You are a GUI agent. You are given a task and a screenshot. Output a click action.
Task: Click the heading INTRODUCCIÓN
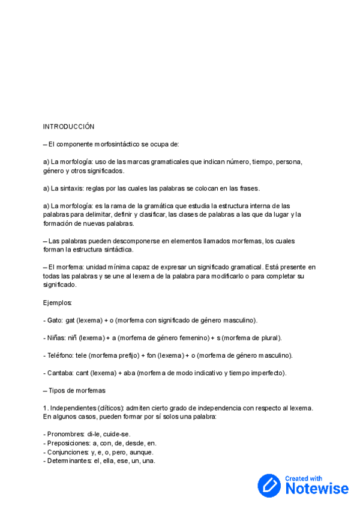click(68, 127)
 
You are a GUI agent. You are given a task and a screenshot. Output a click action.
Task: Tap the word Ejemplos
click(58, 303)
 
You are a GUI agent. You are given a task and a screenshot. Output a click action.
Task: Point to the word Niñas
click(57, 338)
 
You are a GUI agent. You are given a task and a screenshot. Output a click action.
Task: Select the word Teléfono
click(61, 355)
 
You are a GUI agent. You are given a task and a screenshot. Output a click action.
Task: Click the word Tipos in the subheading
click(58, 390)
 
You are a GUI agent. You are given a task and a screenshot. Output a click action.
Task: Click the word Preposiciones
click(68, 443)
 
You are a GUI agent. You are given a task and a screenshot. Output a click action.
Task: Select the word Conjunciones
click(68, 452)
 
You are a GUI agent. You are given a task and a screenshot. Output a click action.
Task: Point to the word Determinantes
click(70, 461)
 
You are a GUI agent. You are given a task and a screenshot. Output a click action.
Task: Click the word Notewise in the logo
click(317, 488)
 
